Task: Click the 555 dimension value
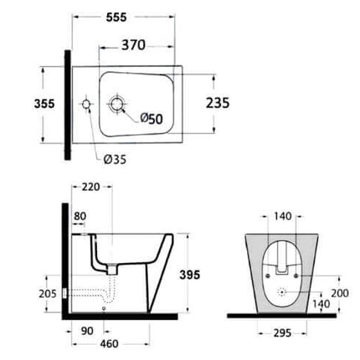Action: tap(116, 18)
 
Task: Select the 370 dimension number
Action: tap(133, 45)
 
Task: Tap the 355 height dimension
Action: tap(44, 104)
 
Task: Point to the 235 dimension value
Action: tap(218, 103)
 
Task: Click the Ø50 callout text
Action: tap(152, 119)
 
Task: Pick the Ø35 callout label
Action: tap(115, 159)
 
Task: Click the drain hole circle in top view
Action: tap(116, 105)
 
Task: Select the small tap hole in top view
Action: tap(86, 105)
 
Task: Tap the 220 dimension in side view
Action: tap(90, 187)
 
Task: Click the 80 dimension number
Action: tap(80, 216)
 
